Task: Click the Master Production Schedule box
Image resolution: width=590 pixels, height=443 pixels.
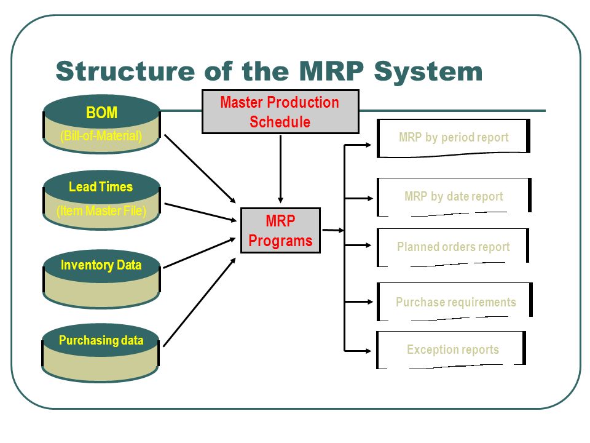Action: (280, 111)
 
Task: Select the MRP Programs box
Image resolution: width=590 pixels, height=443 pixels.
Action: (280, 230)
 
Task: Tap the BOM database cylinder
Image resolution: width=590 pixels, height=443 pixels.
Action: (101, 124)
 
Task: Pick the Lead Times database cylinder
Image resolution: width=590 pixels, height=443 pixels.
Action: (101, 199)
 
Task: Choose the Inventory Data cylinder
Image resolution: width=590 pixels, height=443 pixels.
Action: (101, 279)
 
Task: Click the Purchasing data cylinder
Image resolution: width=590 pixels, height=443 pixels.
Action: (100, 353)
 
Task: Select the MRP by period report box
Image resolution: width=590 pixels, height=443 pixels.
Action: (454, 138)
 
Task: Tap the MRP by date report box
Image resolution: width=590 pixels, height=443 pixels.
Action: (454, 197)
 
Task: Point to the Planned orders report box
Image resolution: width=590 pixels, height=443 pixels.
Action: (453, 247)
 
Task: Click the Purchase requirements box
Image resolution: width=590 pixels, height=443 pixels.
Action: (455, 301)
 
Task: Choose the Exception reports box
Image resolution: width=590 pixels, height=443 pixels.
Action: (451, 350)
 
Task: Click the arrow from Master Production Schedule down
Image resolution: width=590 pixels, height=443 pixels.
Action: (280, 169)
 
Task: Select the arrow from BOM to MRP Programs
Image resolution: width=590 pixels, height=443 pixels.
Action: (200, 169)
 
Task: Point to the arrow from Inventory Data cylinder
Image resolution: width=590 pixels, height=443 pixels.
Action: (199, 253)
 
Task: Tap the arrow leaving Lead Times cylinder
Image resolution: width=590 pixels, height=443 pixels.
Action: (200, 212)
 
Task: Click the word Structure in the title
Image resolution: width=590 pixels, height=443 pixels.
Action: (125, 71)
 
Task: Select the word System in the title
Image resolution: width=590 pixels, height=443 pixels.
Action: (428, 71)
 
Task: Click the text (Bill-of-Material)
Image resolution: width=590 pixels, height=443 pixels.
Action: (101, 135)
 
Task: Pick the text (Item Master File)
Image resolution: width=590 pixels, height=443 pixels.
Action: (101, 210)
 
